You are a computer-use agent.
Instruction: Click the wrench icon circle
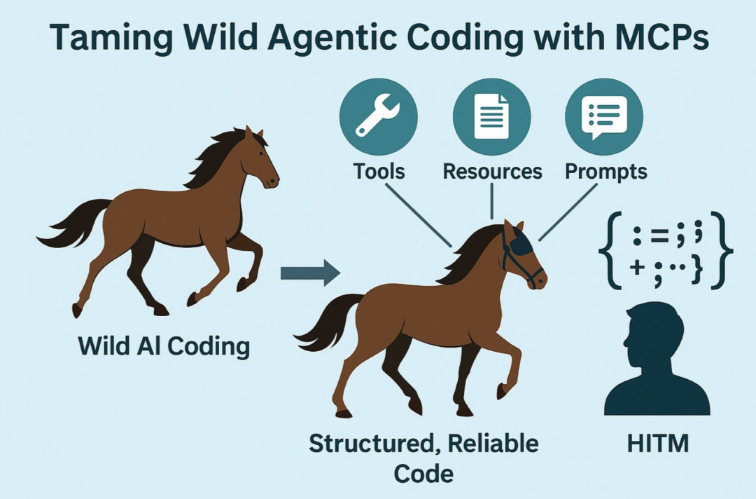tap(379, 117)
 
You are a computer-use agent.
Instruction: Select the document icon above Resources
tap(492, 117)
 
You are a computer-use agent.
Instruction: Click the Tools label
tap(379, 171)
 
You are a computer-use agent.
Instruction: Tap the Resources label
tap(492, 171)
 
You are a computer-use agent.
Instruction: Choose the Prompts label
tap(606, 172)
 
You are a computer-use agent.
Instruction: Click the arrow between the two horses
tap(311, 273)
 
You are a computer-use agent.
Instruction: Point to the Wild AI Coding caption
tap(164, 346)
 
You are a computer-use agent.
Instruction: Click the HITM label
tap(657, 444)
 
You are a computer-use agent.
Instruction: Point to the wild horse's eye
tap(261, 153)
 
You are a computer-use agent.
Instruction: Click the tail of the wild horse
tap(77, 222)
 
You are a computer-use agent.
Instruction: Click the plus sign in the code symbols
tap(637, 266)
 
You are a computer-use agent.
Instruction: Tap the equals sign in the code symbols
tap(660, 236)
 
